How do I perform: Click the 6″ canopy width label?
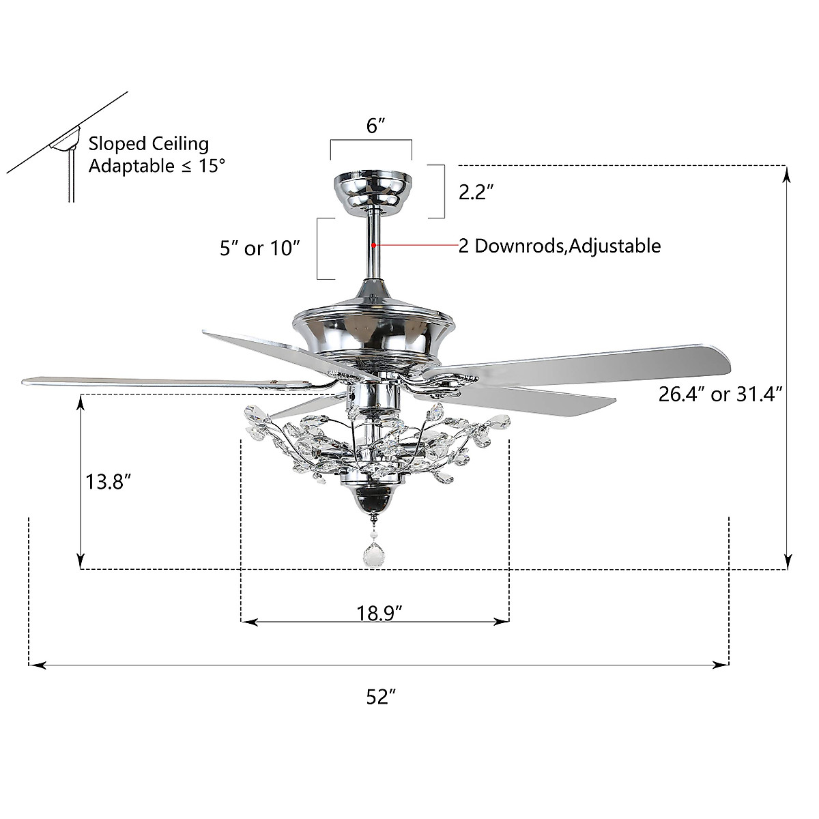click(x=375, y=126)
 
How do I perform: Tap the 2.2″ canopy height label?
click(x=476, y=192)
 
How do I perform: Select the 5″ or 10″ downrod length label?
click(x=259, y=248)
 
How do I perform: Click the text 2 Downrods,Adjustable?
click(x=560, y=246)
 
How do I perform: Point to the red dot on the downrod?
click(x=373, y=245)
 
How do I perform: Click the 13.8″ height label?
click(x=108, y=482)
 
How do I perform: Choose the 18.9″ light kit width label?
click(x=379, y=614)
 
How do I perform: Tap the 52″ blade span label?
click(x=381, y=698)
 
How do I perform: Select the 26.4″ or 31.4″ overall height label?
click(x=721, y=394)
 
